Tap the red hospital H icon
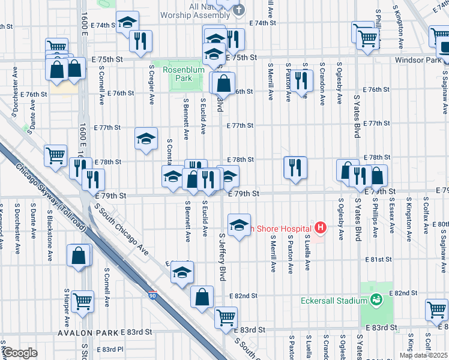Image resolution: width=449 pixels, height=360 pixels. pyautogui.click(x=321, y=227)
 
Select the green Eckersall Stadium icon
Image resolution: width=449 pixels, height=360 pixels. pyautogui.click(x=376, y=300)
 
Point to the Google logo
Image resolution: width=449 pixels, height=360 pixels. pyautogui.click(x=20, y=353)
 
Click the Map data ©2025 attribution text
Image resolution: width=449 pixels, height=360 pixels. pyautogui.click(x=423, y=355)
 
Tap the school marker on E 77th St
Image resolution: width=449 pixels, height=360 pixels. pyautogui.click(x=145, y=139)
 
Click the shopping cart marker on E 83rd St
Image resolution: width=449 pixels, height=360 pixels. pyautogui.click(x=226, y=318)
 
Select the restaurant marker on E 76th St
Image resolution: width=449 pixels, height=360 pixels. pyautogui.click(x=301, y=80)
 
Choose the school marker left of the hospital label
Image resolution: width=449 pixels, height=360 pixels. pyautogui.click(x=239, y=226)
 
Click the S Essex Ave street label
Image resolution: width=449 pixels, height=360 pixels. pyautogui.click(x=391, y=217)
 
